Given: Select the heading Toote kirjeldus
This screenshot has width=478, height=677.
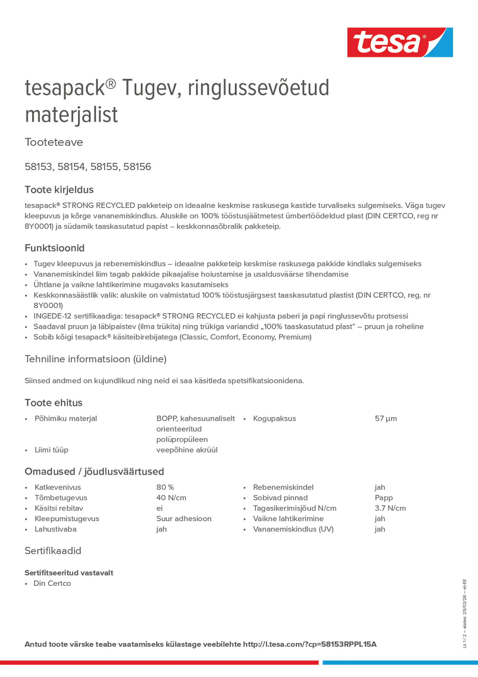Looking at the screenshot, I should (59, 190).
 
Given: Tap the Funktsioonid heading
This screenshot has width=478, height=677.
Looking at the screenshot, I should (54, 248).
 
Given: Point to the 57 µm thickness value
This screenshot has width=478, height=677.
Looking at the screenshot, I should (386, 418).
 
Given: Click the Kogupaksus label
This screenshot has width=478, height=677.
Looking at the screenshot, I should (274, 418).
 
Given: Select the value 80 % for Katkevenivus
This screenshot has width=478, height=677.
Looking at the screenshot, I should (165, 487).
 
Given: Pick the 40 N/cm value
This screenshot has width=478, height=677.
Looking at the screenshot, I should (171, 498).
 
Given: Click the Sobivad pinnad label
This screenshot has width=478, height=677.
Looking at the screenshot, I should (280, 498).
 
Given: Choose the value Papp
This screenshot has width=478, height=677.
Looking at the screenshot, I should (384, 498).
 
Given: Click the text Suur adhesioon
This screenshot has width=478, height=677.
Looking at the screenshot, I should (184, 519).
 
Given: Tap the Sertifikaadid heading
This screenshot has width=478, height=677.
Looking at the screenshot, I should (53, 551).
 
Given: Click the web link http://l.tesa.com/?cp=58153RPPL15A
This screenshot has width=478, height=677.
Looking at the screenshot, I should (310, 644).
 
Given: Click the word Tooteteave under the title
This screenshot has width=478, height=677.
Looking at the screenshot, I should (54, 142).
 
